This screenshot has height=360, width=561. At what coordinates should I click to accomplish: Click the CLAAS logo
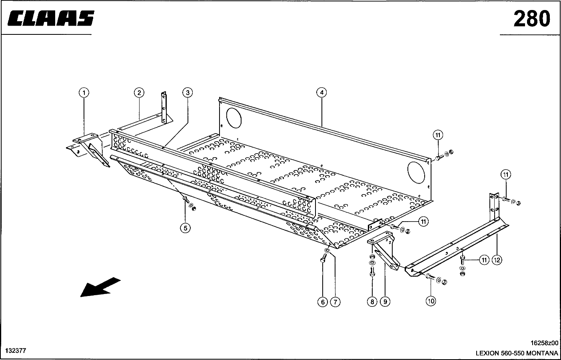[x=50, y=18]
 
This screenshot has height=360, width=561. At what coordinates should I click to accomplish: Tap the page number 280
[x=531, y=18]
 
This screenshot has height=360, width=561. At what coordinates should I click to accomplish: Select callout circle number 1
[x=84, y=93]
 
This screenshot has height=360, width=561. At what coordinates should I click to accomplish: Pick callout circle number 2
[x=138, y=93]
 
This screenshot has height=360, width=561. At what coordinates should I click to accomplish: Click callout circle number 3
[x=188, y=93]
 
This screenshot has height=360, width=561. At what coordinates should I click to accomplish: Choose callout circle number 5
[x=185, y=228]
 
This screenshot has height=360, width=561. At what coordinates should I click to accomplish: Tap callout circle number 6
[x=323, y=302]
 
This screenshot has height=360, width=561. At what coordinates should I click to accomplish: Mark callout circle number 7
[x=335, y=302]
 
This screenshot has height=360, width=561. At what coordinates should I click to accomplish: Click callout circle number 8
[x=372, y=302]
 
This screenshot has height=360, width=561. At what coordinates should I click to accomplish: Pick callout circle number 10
[x=431, y=301]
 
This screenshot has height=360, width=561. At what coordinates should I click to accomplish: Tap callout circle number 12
[x=497, y=260]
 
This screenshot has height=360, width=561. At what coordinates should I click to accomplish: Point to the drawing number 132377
[x=16, y=351]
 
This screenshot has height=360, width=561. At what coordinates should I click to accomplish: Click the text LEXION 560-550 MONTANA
[x=517, y=353]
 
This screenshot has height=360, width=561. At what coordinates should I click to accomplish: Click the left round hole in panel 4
[x=234, y=117]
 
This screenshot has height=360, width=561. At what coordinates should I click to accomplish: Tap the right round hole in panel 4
[x=416, y=171]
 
